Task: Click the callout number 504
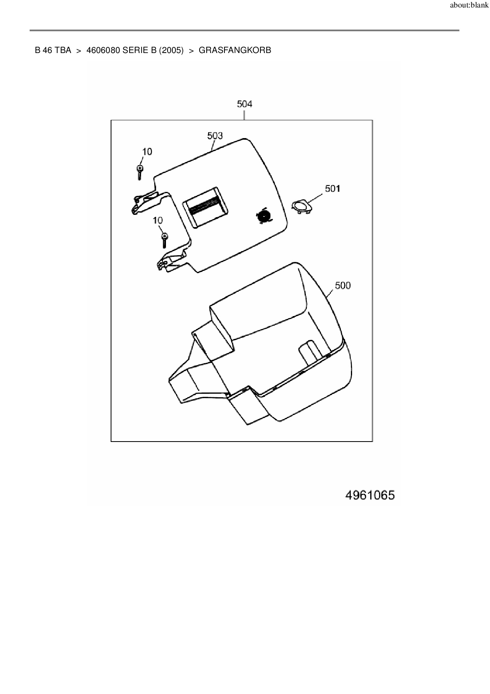pyautogui.click(x=244, y=104)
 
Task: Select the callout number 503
pyautogui.click(x=215, y=136)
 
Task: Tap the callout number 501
pyautogui.click(x=332, y=189)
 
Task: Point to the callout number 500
pyautogui.click(x=343, y=285)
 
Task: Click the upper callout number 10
pyautogui.click(x=147, y=152)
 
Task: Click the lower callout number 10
pyautogui.click(x=158, y=220)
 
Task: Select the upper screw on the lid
pyautogui.click(x=140, y=172)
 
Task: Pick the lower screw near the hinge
pyautogui.click(x=165, y=240)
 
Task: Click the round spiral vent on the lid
pyautogui.click(x=262, y=216)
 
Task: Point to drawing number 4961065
pyautogui.click(x=370, y=495)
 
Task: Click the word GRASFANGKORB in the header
pyautogui.click(x=235, y=50)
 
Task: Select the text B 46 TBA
pyautogui.click(x=53, y=50)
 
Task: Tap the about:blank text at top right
pyautogui.click(x=469, y=6)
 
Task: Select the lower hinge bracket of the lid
pyautogui.click(x=170, y=262)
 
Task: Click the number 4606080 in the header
pyautogui.click(x=103, y=50)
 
